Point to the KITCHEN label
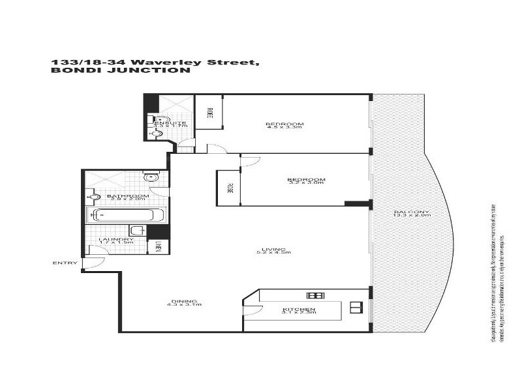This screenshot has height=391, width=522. [x=299, y=309]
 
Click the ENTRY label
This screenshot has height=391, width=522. [x=65, y=263]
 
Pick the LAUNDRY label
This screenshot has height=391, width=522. [x=116, y=239]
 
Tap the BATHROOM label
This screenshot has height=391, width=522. [x=128, y=195]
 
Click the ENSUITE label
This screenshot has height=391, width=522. [x=170, y=123]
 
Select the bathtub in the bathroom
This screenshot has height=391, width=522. [x=126, y=214]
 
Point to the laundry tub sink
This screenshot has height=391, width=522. [x=138, y=230]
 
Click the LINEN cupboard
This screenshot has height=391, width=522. [x=159, y=248]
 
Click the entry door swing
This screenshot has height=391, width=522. [x=95, y=262]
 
